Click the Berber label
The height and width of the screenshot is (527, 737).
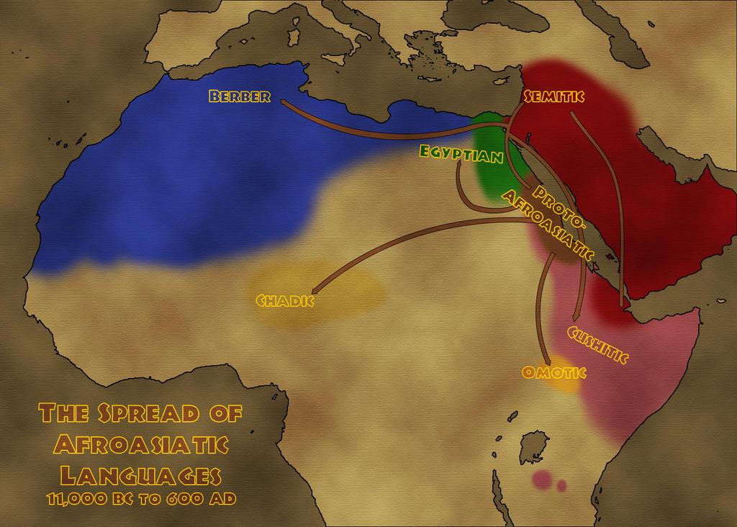[240, 96]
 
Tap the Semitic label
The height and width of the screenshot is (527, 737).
[553, 96]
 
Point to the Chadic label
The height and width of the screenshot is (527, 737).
[285, 299]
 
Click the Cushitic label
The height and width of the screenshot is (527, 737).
[597, 345]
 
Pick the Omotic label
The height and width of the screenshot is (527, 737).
[553, 372]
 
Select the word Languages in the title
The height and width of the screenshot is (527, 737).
[140, 474]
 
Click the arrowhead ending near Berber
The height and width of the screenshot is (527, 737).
[283, 102]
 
